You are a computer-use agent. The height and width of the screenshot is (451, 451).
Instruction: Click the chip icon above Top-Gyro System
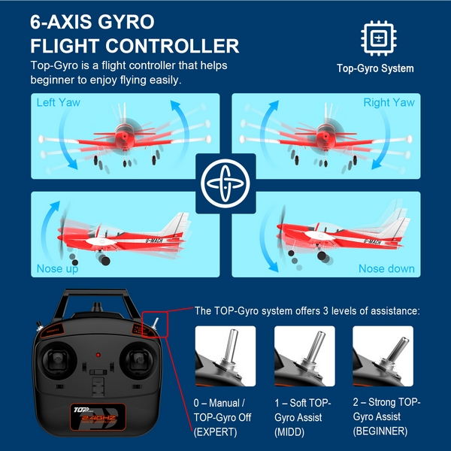point(379,38)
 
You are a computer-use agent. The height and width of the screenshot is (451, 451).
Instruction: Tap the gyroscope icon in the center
point(225,183)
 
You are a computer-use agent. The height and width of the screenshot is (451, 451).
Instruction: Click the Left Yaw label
point(59,102)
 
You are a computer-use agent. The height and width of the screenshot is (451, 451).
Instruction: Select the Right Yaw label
point(389,102)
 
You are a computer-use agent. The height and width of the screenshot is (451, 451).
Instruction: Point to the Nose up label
point(58,268)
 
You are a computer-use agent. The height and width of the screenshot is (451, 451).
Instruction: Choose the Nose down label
point(386,268)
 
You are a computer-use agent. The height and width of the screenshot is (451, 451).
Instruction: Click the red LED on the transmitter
point(98,355)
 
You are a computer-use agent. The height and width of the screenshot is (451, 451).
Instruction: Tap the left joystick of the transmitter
point(59,360)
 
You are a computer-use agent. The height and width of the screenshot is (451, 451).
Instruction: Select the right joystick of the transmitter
point(137,360)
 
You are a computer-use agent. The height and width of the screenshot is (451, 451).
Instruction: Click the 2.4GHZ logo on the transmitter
point(98,418)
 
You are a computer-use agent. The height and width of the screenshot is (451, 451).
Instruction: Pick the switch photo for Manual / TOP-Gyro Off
point(225,356)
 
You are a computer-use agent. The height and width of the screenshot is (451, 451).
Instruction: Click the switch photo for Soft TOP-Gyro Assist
point(304,356)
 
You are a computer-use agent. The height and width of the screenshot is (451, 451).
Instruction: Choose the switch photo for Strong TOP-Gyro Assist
point(383,356)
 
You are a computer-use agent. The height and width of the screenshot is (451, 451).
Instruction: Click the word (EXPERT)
point(216,432)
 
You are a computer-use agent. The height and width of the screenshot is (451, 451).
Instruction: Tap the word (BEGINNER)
point(380,431)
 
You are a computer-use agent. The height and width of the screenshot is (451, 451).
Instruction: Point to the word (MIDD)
point(289,432)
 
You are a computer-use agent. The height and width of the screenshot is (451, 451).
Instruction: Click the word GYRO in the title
point(126,22)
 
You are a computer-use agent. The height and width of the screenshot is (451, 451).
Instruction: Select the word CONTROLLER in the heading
point(172,46)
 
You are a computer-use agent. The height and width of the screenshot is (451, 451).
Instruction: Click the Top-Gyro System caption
point(375,68)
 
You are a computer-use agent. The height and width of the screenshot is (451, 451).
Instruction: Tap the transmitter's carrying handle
point(95,293)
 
